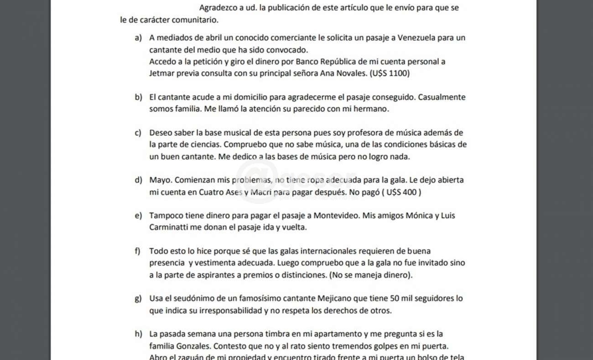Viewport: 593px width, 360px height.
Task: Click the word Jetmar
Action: tap(161, 73)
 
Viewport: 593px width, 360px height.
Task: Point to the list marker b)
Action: tap(138, 97)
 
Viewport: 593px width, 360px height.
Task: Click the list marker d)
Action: tap(138, 180)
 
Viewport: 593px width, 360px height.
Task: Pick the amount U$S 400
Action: tap(401, 192)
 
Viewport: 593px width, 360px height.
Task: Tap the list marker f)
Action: tap(138, 251)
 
